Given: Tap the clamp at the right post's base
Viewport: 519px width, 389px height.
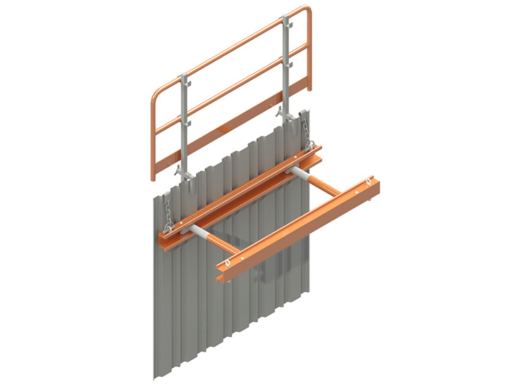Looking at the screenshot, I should pos(286,113).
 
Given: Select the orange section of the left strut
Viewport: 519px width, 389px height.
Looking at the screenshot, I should pos(224,246).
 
